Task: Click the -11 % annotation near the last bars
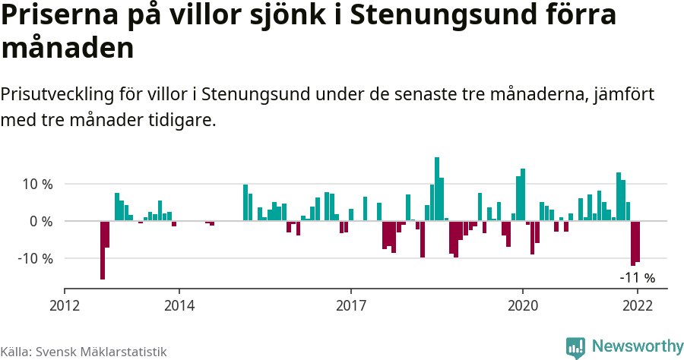coord(637,278)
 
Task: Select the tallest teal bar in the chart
coord(437,188)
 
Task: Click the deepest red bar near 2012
coord(103,250)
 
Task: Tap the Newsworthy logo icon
coord(575,347)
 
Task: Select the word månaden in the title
coord(68,48)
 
